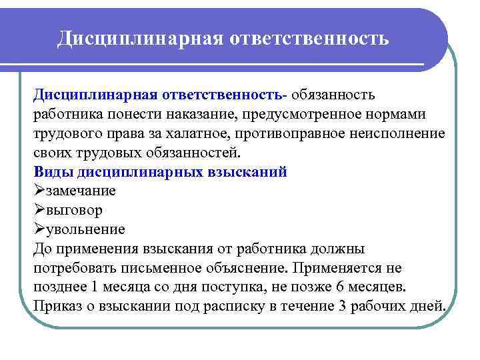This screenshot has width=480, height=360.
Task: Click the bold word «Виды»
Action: point(54,172)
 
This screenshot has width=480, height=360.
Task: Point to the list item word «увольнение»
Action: point(85,229)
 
